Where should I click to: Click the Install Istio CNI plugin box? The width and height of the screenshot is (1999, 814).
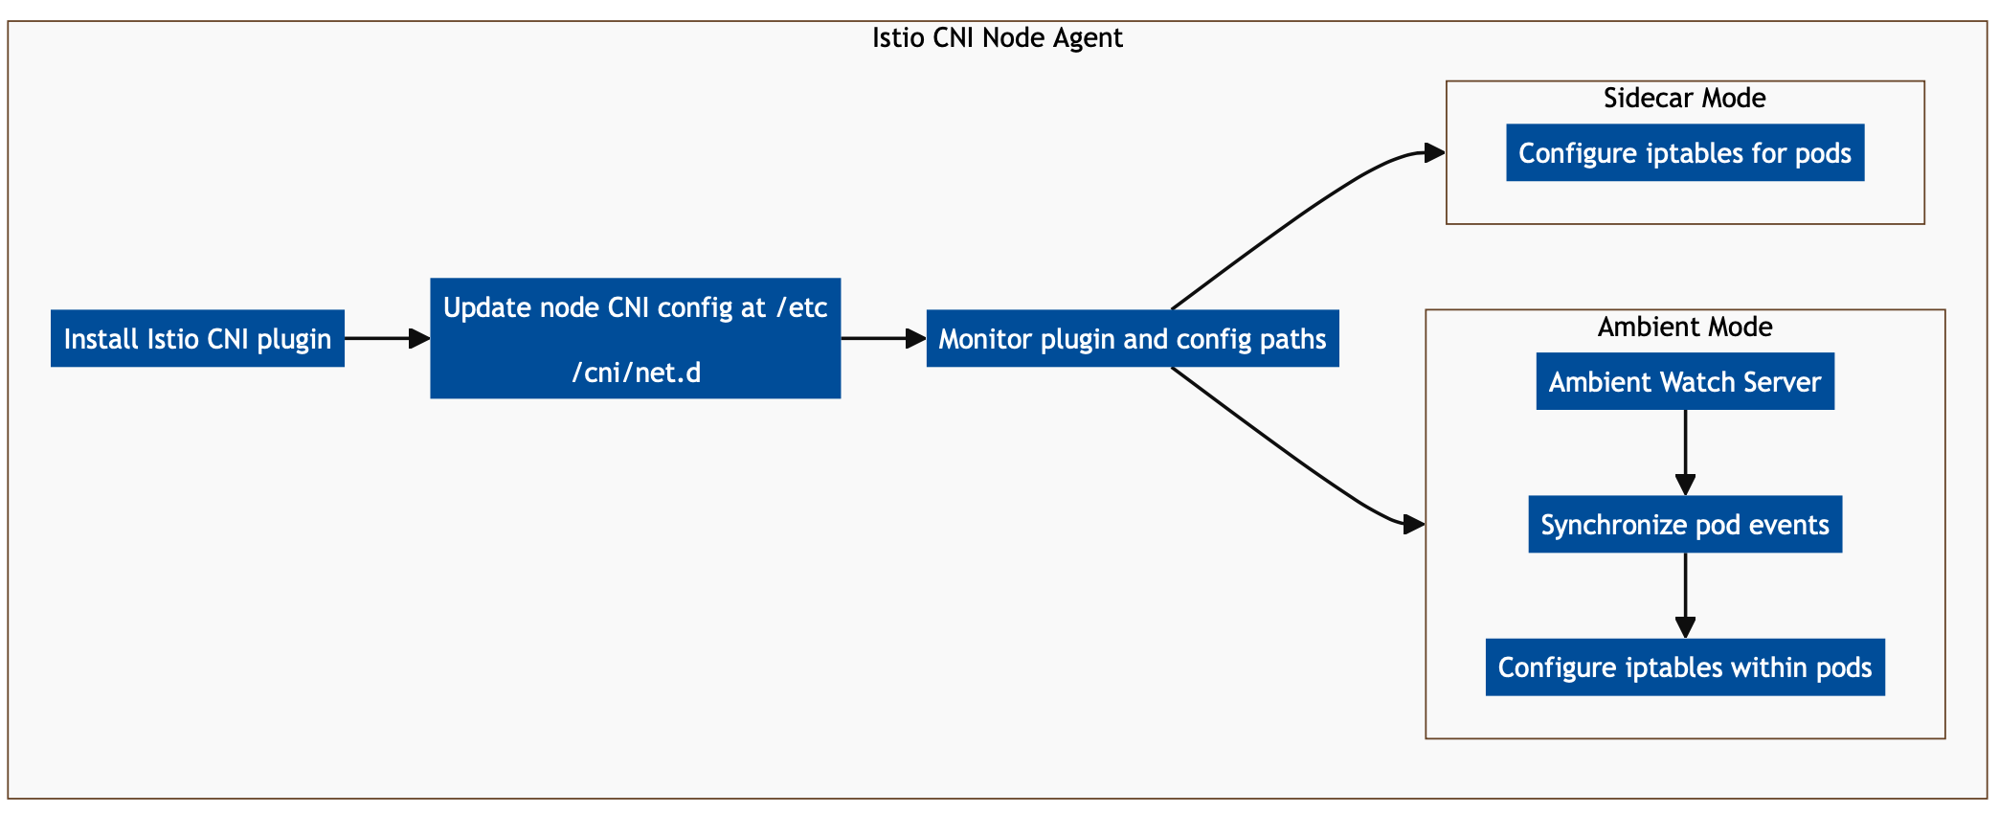197,338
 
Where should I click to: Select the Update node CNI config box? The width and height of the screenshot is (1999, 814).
635,338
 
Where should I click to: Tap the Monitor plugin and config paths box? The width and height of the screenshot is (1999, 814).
1132,338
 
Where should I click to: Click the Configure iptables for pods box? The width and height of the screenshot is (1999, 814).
1684,152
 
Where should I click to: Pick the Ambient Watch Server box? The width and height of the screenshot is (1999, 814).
1684,381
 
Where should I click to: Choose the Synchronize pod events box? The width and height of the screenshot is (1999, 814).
1684,524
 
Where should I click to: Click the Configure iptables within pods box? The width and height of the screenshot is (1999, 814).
1684,667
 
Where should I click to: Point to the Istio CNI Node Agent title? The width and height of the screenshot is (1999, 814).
997,38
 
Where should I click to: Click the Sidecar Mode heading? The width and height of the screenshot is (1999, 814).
1684,98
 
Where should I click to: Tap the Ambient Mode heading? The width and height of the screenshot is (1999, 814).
1684,327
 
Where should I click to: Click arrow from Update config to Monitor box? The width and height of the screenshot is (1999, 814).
882,338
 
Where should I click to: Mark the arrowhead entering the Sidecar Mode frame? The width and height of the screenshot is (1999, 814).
1433,152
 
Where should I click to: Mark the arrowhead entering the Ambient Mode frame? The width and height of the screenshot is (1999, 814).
1413,524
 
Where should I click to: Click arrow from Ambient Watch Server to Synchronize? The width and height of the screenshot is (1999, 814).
1685,452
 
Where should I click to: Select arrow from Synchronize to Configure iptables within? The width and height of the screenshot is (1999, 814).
1685,595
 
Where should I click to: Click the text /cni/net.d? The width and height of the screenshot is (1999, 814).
636,372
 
